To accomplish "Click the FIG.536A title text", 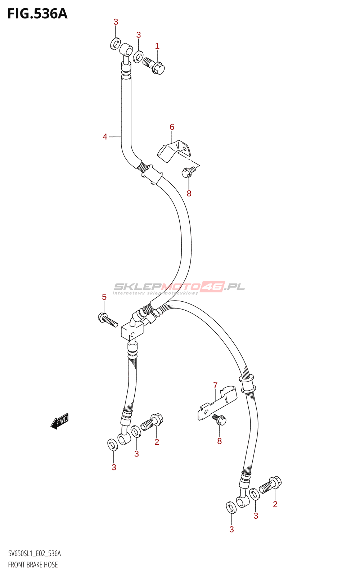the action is pyautogui.click(x=37, y=14).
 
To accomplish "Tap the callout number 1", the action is pyautogui.click(x=157, y=46).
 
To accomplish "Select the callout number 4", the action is pyautogui.click(x=105, y=137).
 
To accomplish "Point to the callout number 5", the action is pyautogui.click(x=104, y=297).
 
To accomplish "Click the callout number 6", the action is pyautogui.click(x=172, y=127).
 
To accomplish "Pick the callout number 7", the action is pyautogui.click(x=215, y=386).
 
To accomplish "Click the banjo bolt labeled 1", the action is pyautogui.click(x=154, y=65).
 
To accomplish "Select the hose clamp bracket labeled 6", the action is pyautogui.click(x=174, y=150).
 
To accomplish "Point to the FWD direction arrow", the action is pyautogui.click(x=60, y=421).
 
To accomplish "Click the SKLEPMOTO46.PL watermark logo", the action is pyautogui.click(x=179, y=288).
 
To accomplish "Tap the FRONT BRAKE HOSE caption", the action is pyautogui.click(x=33, y=564).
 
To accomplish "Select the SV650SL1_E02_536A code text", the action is pyautogui.click(x=35, y=554).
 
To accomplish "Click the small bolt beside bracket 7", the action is pyautogui.click(x=220, y=419).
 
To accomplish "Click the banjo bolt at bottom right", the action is pyautogui.click(x=271, y=485).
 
